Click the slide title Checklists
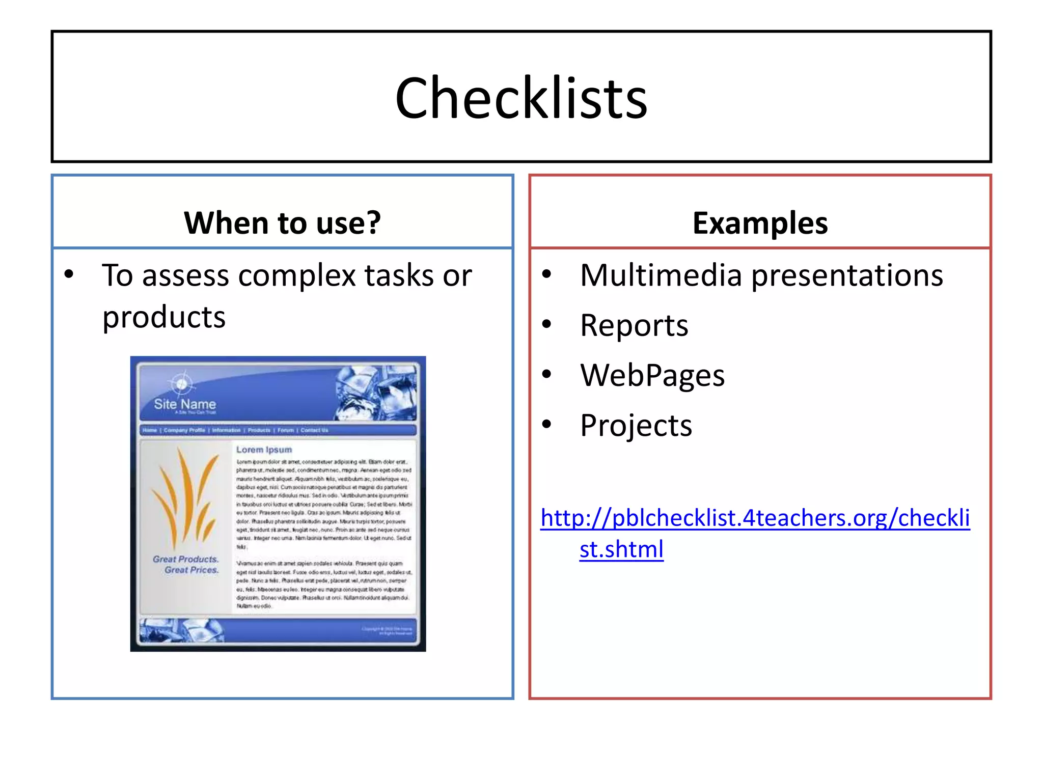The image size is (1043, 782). coord(521,98)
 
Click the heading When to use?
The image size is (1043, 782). coord(282,223)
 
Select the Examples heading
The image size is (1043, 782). coord(760,223)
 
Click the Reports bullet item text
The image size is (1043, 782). coord(634,325)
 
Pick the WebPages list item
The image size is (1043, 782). coord(652,375)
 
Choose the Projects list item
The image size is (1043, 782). coord(636,425)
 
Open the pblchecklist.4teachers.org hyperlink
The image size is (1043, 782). coord(755,518)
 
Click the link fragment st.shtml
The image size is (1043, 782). coord(621,549)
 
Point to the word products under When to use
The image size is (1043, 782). coord(163,317)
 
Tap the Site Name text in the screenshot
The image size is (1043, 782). coord(185,404)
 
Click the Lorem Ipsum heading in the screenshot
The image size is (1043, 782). coord(264,450)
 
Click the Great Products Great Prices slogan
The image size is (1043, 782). coord(186,565)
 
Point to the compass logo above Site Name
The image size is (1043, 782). coord(181,383)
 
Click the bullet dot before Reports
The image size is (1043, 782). coord(546,324)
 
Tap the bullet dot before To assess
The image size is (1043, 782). coord(69,275)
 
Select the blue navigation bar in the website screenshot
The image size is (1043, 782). coord(278,430)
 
